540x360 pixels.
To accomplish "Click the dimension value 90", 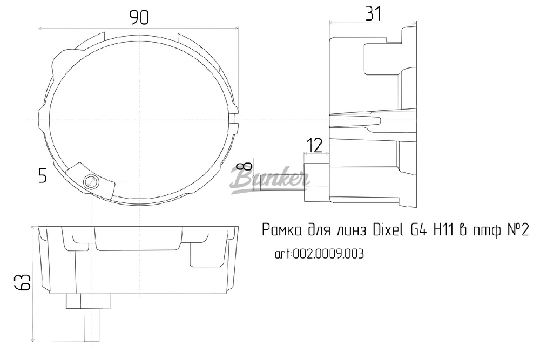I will click(x=139, y=18).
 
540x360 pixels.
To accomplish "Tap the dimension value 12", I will click(x=314, y=145).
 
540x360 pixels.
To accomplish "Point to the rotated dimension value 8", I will click(x=247, y=167).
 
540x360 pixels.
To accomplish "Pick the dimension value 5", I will click(x=43, y=175).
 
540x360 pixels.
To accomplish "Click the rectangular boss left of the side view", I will click(x=316, y=179).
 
